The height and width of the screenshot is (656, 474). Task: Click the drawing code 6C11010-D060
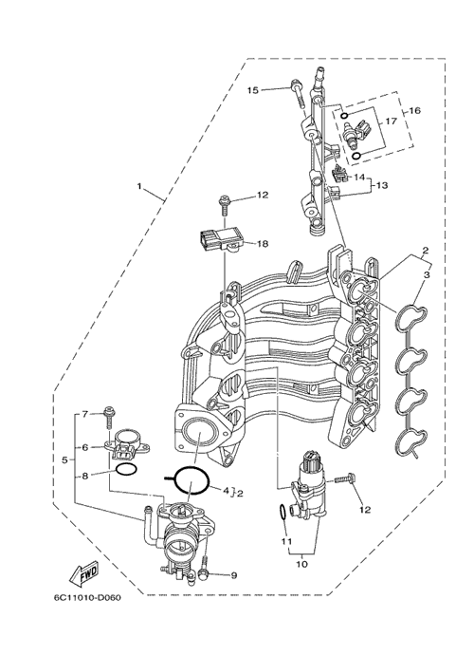pyautogui.click(x=87, y=597)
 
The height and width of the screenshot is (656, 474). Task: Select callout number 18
pyautogui.click(x=263, y=243)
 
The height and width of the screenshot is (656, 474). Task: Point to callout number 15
pyautogui.click(x=253, y=90)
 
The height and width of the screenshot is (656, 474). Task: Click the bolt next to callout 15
pyautogui.click(x=297, y=94)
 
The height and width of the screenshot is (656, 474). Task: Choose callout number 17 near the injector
pyautogui.click(x=391, y=122)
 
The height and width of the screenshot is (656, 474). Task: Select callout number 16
pyautogui.click(x=414, y=110)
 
